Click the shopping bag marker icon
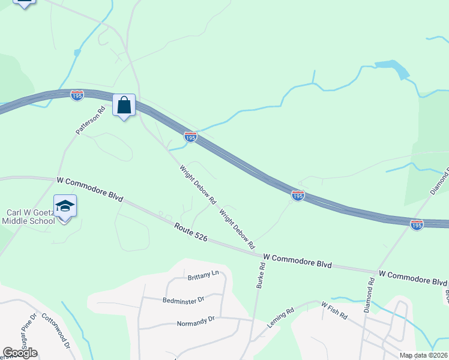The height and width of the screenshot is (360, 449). coord(124,106)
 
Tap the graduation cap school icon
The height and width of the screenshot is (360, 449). coord(65,206)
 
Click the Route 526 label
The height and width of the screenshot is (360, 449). coord(191,233)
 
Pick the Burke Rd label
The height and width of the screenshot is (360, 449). coord(261,277)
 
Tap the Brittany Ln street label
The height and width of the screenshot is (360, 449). coord(203,275)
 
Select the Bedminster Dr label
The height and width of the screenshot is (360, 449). coord(184,298)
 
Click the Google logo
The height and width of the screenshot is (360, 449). coord(20,353)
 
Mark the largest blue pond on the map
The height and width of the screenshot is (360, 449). coord(393,68)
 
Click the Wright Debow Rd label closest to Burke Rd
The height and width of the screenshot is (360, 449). coord(237,229)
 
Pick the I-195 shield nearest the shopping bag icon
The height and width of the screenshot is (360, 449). coord(77,96)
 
